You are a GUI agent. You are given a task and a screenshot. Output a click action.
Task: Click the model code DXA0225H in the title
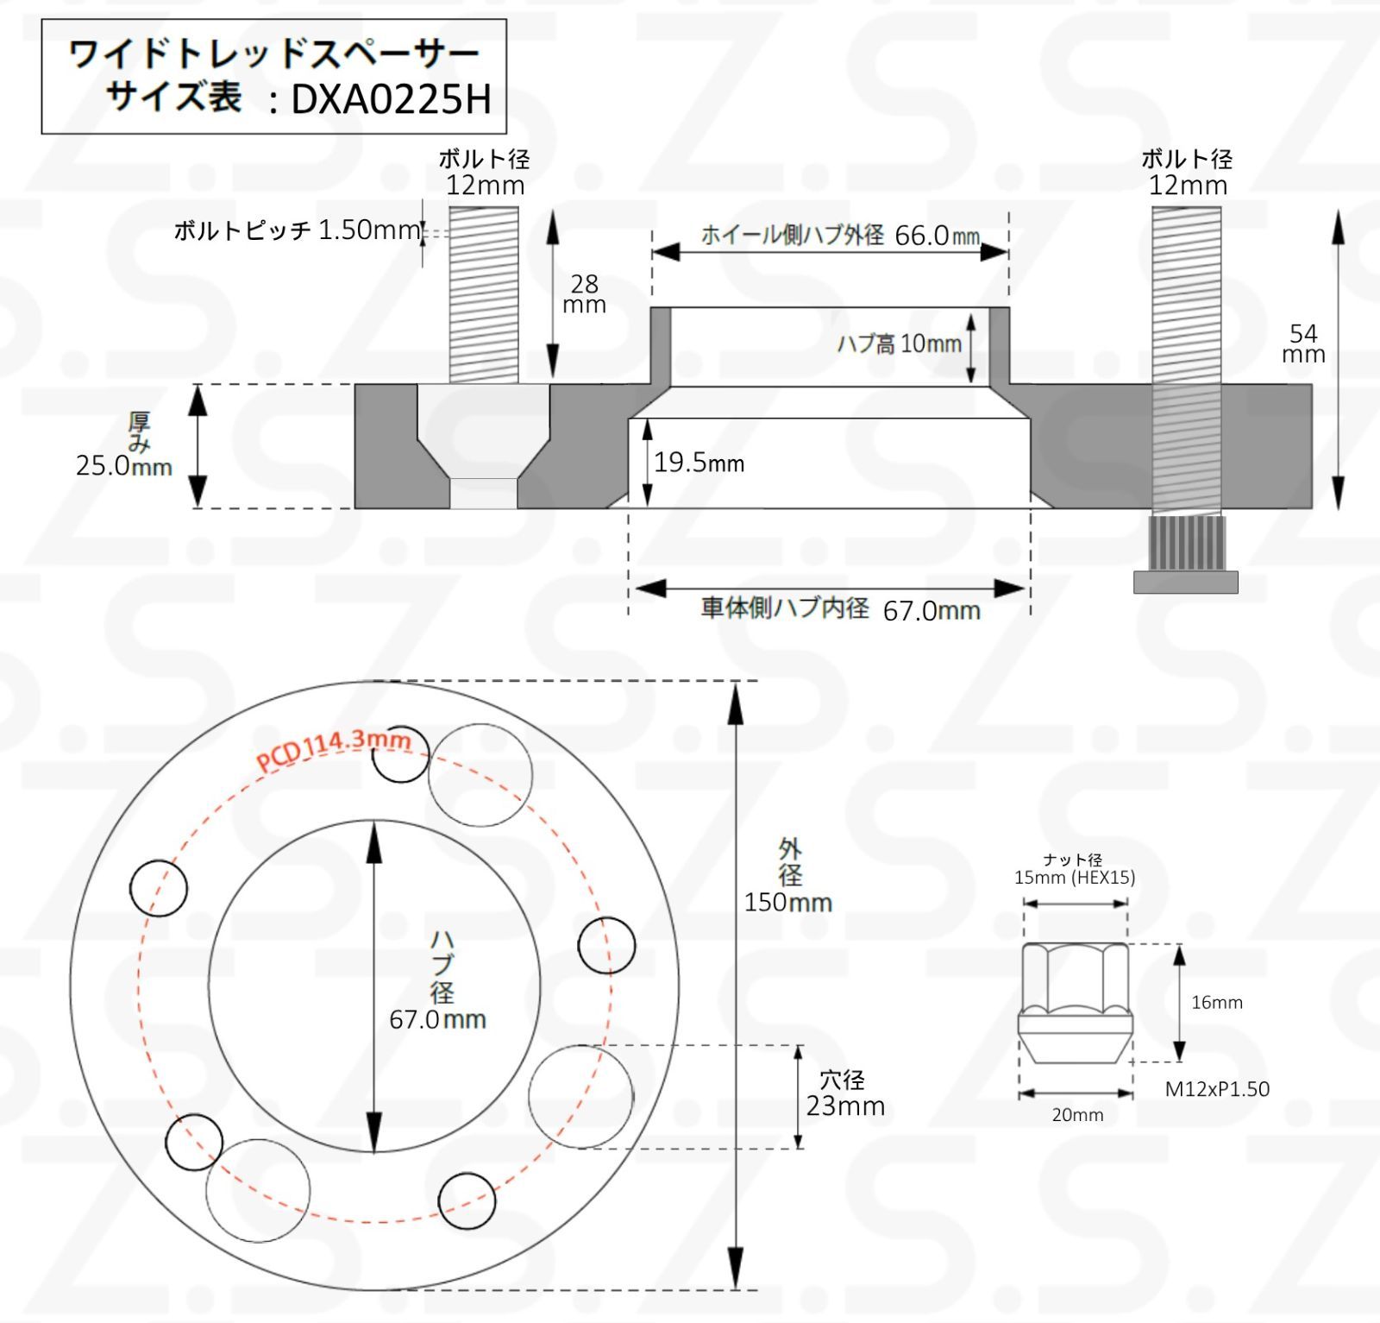click(x=391, y=99)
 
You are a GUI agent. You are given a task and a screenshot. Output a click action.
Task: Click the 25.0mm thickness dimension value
click(x=123, y=466)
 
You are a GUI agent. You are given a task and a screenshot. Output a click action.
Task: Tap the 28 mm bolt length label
click(x=585, y=293)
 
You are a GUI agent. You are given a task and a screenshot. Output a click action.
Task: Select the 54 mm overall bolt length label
click(x=1302, y=343)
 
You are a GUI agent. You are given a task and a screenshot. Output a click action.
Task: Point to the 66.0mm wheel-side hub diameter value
click(x=937, y=236)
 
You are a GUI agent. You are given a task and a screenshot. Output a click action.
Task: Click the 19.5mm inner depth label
click(x=699, y=463)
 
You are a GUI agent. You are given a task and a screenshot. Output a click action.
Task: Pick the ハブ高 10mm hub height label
click(x=899, y=344)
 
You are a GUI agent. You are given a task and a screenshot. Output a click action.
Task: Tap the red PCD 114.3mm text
click(x=333, y=747)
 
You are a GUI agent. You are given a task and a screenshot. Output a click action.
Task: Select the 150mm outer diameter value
click(x=787, y=903)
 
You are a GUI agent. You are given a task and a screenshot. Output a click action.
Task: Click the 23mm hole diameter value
click(x=845, y=1106)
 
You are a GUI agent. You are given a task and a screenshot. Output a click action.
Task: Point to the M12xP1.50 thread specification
click(x=1217, y=1089)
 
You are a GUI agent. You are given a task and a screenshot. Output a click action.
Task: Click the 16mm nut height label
click(x=1216, y=1003)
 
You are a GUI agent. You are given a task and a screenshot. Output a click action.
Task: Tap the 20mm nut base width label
click(x=1077, y=1115)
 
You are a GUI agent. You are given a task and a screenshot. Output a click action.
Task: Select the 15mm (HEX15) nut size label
click(x=1074, y=878)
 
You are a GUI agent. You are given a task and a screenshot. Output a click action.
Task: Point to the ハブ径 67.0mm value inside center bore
click(x=437, y=1020)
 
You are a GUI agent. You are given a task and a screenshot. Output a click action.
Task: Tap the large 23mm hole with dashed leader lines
click(x=580, y=1096)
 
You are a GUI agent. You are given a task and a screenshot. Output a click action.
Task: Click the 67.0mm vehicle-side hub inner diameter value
click(x=931, y=611)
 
